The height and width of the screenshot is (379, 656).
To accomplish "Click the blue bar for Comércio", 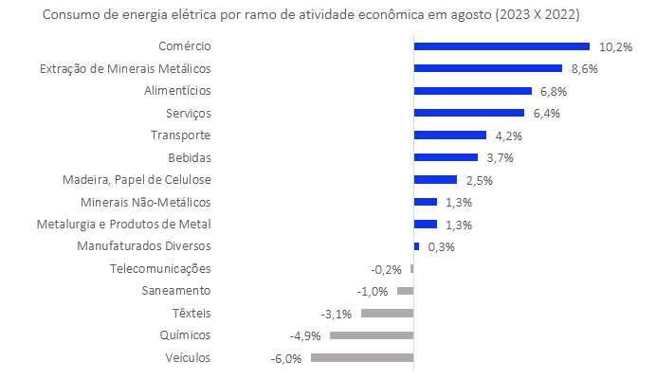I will click(x=501, y=45).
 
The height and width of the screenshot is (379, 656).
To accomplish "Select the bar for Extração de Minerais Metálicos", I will click(x=488, y=68).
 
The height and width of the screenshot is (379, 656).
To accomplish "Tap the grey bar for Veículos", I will click(x=362, y=357).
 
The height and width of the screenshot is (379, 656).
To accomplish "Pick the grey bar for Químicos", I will click(x=372, y=335).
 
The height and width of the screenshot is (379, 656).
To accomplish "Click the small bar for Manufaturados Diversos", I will click(x=416, y=246).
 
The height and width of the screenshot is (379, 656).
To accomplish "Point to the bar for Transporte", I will click(x=450, y=135).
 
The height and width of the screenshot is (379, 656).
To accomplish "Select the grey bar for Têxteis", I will click(x=387, y=313).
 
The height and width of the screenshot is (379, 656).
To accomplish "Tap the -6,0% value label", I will click(x=286, y=358).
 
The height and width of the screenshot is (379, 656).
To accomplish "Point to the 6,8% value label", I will click(x=552, y=91).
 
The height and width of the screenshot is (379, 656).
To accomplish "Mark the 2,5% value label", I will click(x=480, y=180).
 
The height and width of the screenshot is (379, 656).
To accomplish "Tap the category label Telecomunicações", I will click(x=160, y=269).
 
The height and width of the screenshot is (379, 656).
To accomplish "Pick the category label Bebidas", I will click(x=188, y=157).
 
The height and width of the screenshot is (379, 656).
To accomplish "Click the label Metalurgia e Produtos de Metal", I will click(x=123, y=225).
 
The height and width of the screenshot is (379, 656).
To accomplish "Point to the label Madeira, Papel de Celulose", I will click(x=137, y=180).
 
